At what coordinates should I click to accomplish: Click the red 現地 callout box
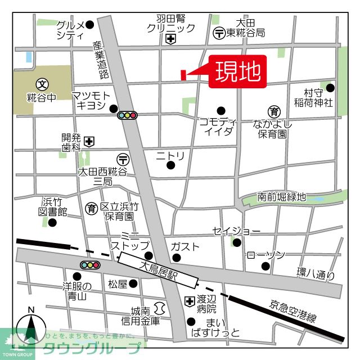click(237, 72)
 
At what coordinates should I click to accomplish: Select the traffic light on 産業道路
click(128, 116)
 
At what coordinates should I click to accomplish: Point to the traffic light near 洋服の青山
click(90, 264)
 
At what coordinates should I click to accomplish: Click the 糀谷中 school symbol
click(42, 83)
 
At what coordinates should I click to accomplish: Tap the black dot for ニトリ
click(171, 165)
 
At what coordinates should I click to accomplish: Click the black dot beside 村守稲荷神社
click(330, 87)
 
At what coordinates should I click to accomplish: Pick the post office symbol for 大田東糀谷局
click(219, 33)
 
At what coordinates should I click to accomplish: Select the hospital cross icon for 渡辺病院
click(188, 301)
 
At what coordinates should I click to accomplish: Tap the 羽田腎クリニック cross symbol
click(170, 39)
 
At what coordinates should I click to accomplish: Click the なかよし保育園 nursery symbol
click(274, 111)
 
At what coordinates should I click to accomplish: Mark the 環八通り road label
click(316, 273)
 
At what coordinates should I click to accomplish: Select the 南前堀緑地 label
click(281, 197)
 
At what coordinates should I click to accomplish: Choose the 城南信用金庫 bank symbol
click(159, 308)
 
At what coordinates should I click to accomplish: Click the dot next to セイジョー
click(237, 242)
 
